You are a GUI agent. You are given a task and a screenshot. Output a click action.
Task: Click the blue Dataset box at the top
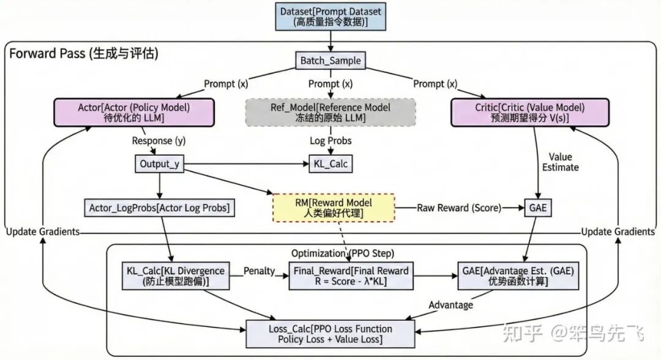[x=331, y=17]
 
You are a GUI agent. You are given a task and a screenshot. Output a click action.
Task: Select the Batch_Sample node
[x=330, y=61]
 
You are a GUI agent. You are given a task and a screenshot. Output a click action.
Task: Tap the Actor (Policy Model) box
[x=134, y=113]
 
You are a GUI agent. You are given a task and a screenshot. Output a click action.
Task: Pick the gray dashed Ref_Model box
[x=330, y=113]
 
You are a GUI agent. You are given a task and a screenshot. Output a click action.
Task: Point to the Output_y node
[x=160, y=164]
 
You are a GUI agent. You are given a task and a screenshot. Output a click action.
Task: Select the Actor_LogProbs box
[x=160, y=208]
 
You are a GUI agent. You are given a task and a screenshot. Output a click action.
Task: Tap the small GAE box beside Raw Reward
[x=536, y=208]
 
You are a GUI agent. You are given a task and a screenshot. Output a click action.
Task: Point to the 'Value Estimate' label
[x=560, y=161]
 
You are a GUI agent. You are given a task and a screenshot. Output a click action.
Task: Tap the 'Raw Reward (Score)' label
[x=458, y=208]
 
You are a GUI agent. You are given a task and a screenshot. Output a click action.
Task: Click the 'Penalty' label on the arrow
[x=259, y=270]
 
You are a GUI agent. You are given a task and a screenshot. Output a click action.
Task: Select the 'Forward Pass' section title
[x=84, y=54]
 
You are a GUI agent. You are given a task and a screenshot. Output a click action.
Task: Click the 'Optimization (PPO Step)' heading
[x=342, y=253]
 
